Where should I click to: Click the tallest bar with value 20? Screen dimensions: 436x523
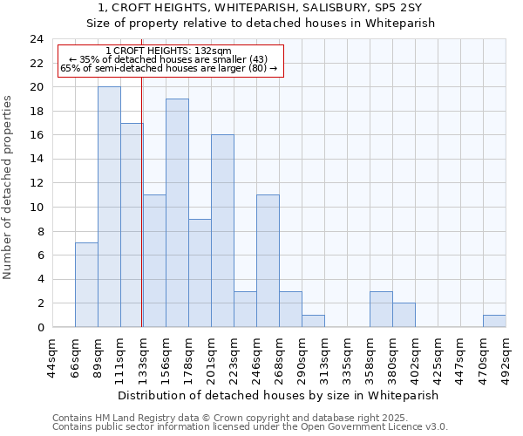[x=109, y=208]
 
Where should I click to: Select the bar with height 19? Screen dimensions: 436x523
[x=177, y=214]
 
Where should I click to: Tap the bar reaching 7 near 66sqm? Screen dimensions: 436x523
[x=86, y=285]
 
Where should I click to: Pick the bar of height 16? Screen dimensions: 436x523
[x=222, y=231]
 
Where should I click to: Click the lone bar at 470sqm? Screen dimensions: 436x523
[x=494, y=321]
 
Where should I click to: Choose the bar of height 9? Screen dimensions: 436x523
[x=200, y=273]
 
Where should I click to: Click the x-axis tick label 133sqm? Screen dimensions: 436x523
[x=143, y=355]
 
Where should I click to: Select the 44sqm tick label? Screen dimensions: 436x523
[x=52, y=355]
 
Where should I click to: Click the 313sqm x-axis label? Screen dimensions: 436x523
[x=324, y=355]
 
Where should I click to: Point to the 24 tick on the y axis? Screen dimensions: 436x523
[x=36, y=39]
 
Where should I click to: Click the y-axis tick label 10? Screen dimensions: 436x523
[x=36, y=208]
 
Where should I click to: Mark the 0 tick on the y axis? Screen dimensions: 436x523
[x=39, y=328]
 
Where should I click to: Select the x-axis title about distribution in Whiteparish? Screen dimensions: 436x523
[x=278, y=395]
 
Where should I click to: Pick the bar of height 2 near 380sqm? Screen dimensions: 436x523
[x=404, y=316]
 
